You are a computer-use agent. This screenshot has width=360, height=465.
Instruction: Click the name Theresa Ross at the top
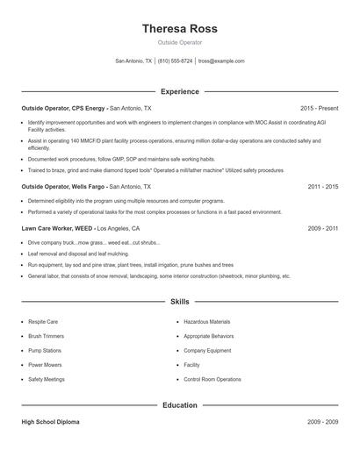pyautogui.click(x=179, y=28)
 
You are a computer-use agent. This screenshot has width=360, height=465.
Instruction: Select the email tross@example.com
pyautogui.click(x=221, y=61)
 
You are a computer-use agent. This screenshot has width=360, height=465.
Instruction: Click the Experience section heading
pyautogui.click(x=179, y=91)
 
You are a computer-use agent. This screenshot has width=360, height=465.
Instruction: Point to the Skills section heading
pyautogui.click(x=179, y=301)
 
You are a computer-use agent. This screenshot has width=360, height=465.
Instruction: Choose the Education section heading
pyautogui.click(x=179, y=405)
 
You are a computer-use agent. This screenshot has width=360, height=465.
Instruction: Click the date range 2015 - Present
pyautogui.click(x=319, y=108)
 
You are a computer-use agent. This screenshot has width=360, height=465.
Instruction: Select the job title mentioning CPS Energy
pyautogui.click(x=86, y=108)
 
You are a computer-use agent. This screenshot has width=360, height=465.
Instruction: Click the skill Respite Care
pyautogui.click(x=44, y=323)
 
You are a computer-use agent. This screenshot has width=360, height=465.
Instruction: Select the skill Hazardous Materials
pyautogui.click(x=207, y=323)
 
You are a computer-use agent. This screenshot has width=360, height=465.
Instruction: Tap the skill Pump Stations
pyautogui.click(x=46, y=351)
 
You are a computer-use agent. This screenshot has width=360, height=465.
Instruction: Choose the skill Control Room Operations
pyautogui.click(x=212, y=379)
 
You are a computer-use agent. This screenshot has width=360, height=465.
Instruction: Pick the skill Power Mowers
pyautogui.click(x=46, y=365)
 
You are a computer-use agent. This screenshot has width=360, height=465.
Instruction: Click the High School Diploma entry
pyautogui.click(x=50, y=422)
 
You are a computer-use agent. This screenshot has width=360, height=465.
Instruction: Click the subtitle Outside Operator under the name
pyautogui.click(x=179, y=42)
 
